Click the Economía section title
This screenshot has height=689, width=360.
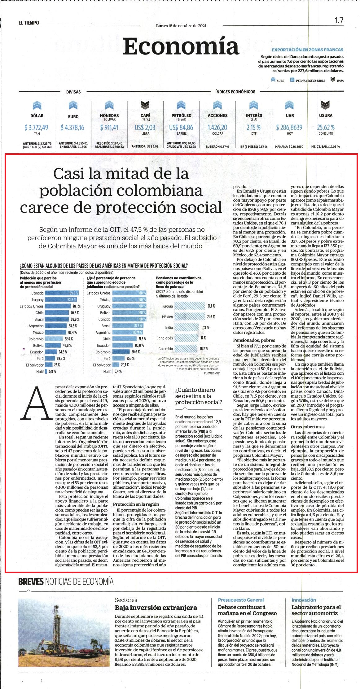181,46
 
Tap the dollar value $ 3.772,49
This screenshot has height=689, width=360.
37,127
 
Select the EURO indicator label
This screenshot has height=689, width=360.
73,117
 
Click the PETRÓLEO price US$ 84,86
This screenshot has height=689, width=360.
181,127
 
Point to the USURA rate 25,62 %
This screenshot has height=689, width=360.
326,127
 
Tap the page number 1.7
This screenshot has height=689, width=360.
339,20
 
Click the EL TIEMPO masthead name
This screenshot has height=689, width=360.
29,22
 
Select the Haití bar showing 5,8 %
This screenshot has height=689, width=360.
46,371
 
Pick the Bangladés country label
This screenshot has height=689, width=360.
165,338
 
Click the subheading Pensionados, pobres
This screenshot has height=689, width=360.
254,340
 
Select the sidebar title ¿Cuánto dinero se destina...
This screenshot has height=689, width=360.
199,396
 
